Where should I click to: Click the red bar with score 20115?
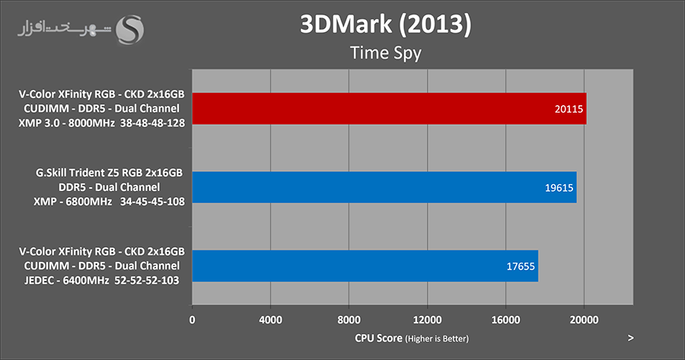pyautogui.click(x=388, y=109)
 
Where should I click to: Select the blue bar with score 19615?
pyautogui.click(x=384, y=187)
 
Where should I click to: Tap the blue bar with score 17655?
pyautogui.click(x=365, y=266)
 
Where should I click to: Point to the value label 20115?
pyautogui.click(x=569, y=110)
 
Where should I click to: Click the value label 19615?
pyautogui.click(x=559, y=188)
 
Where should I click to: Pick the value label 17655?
pyautogui.click(x=521, y=266)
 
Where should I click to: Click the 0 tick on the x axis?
pyautogui.click(x=193, y=320)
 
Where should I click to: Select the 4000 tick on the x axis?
pyautogui.click(x=270, y=320)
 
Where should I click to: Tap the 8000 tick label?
pyautogui.click(x=349, y=320)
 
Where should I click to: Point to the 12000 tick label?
pyautogui.click(x=427, y=320)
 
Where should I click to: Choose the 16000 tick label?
pyautogui.click(x=505, y=320)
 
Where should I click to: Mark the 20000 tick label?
pyautogui.click(x=584, y=320)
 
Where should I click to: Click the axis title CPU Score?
pyautogui.click(x=378, y=338)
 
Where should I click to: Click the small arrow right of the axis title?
pyautogui.click(x=631, y=337)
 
